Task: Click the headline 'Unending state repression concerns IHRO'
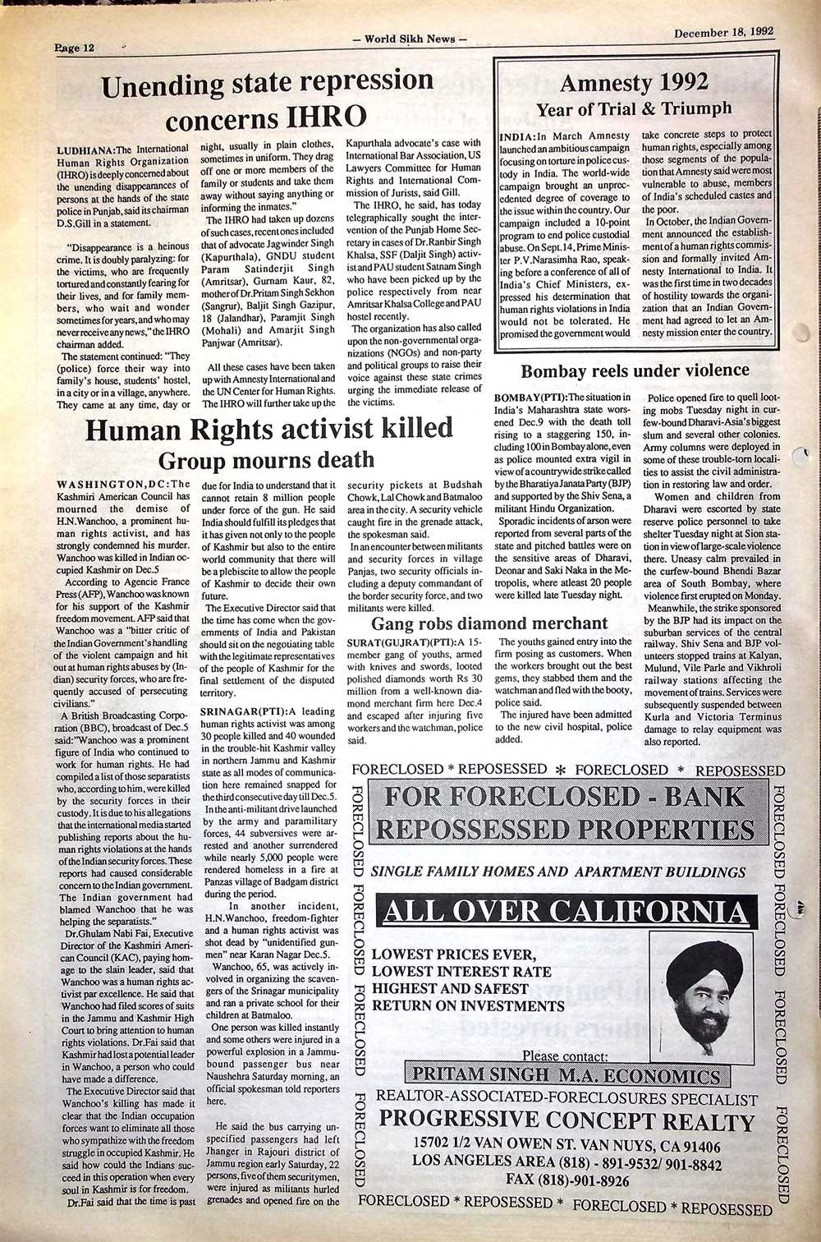tap(266, 99)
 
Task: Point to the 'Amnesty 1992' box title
tap(633, 84)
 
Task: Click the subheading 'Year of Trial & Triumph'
tap(633, 108)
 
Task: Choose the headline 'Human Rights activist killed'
tap(270, 429)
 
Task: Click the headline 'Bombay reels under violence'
tap(635, 371)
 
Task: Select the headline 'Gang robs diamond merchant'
tap(490, 623)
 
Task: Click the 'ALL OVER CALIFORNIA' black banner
tap(566, 910)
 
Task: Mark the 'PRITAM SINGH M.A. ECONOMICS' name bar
tap(566, 1075)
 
